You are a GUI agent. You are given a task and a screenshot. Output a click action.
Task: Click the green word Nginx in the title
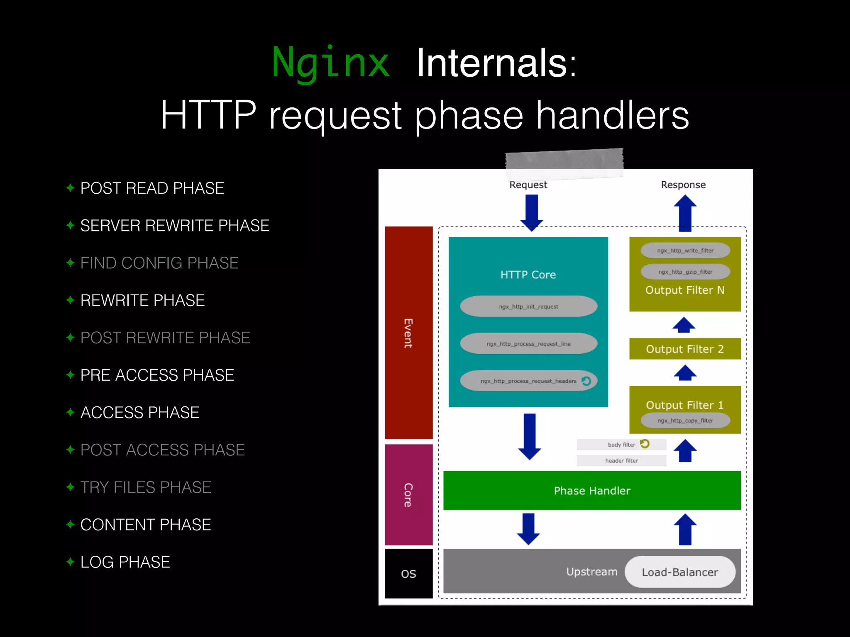[x=331, y=63]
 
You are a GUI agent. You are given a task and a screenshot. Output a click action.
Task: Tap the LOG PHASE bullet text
[x=125, y=562]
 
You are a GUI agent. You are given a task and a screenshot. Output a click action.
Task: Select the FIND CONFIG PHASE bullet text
[x=159, y=263]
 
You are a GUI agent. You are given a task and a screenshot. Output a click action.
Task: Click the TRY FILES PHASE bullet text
[x=146, y=487]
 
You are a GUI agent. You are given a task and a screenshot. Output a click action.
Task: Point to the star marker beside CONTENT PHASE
[x=70, y=524]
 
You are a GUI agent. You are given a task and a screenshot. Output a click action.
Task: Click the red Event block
[x=408, y=333]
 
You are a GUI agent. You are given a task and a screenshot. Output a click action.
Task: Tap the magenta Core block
[x=408, y=495]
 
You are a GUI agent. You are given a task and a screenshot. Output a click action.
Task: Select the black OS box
[x=408, y=574]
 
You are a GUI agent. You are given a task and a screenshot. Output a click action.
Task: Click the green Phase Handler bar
[x=592, y=491]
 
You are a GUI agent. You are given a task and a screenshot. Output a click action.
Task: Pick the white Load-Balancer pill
[x=680, y=572]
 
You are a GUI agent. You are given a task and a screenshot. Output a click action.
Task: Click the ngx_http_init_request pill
[x=528, y=306]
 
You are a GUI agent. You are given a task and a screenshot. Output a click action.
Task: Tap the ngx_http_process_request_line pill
[x=528, y=344]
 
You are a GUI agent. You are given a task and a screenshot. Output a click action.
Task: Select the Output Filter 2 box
[x=685, y=349]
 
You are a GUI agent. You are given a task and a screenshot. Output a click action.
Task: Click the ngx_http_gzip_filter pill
[x=685, y=272]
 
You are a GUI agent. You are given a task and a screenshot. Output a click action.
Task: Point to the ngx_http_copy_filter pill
[x=685, y=421]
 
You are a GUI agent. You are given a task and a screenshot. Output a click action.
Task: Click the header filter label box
[x=621, y=461]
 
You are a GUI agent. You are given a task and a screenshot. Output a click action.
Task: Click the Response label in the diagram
[x=683, y=185]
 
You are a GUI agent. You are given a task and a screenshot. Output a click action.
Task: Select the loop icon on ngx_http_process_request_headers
[x=586, y=381]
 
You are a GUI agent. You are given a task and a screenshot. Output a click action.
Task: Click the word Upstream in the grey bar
[x=592, y=572]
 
